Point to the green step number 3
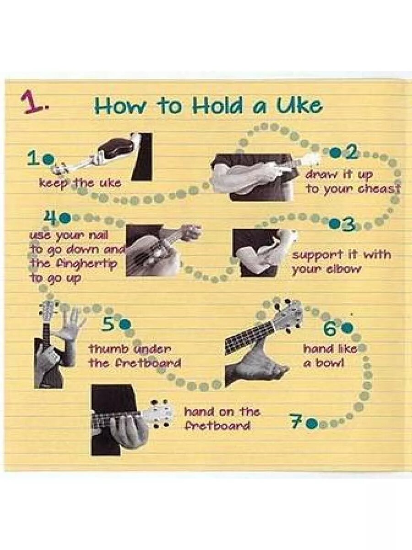pyautogui.click(x=348, y=224)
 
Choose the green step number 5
pyautogui.click(x=110, y=325)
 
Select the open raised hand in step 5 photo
pyautogui.click(x=68, y=323)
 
